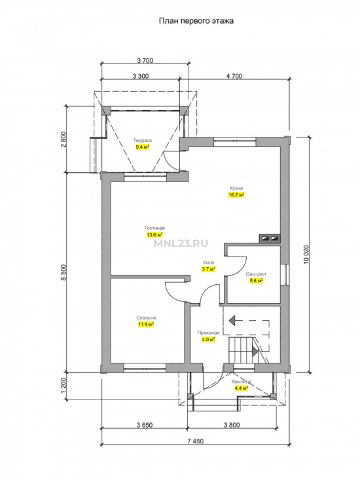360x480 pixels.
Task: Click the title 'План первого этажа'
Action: coord(196,21)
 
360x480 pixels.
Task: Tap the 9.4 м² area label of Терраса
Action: coord(143,147)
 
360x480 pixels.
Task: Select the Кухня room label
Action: coord(236,188)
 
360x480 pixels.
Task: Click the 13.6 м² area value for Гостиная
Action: coord(154,235)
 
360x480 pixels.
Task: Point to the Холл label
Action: coord(208,263)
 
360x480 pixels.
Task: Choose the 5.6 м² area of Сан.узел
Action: coord(257,280)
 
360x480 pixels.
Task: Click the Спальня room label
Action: coord(146,318)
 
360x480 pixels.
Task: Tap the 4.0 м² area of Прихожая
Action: coord(208,339)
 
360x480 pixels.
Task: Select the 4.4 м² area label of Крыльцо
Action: coord(241,388)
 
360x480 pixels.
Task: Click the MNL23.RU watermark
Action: coord(181,244)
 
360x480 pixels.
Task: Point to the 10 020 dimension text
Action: coord(307,255)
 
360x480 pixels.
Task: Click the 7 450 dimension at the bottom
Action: coord(195,441)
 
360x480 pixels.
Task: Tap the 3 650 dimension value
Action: coord(145,425)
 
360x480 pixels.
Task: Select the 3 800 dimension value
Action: coord(232,425)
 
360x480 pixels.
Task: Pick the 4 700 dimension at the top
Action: coord(234,76)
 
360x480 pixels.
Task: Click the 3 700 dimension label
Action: coord(145,60)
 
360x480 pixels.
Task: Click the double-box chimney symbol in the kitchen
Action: coord(270,238)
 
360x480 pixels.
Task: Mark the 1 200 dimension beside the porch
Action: coord(63,386)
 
